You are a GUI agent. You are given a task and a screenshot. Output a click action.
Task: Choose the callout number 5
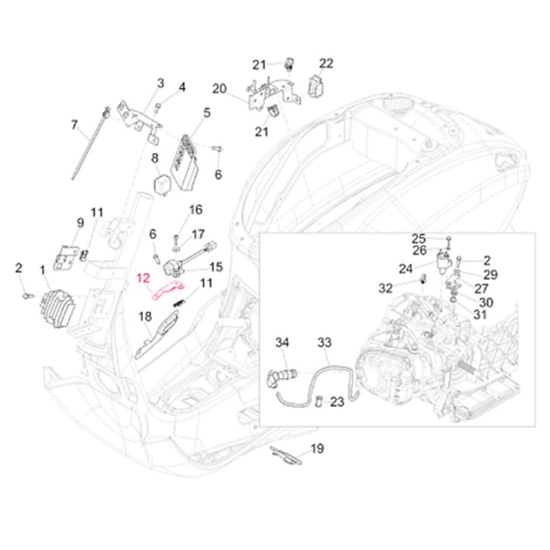pyautogui.click(x=206, y=114)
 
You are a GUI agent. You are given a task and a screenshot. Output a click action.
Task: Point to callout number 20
pyautogui.click(x=218, y=88)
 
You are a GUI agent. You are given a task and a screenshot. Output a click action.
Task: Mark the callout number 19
pyautogui.click(x=317, y=448)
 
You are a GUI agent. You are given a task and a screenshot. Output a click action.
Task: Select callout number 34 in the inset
pyautogui.click(x=282, y=343)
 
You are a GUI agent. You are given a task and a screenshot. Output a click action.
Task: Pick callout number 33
pyautogui.click(x=324, y=344)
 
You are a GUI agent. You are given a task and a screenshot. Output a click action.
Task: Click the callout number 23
pyautogui.click(x=338, y=400)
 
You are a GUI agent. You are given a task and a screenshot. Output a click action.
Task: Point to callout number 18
pyautogui.click(x=144, y=316)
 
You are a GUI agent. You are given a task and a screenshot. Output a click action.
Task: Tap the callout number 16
pyautogui.click(x=196, y=210)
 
